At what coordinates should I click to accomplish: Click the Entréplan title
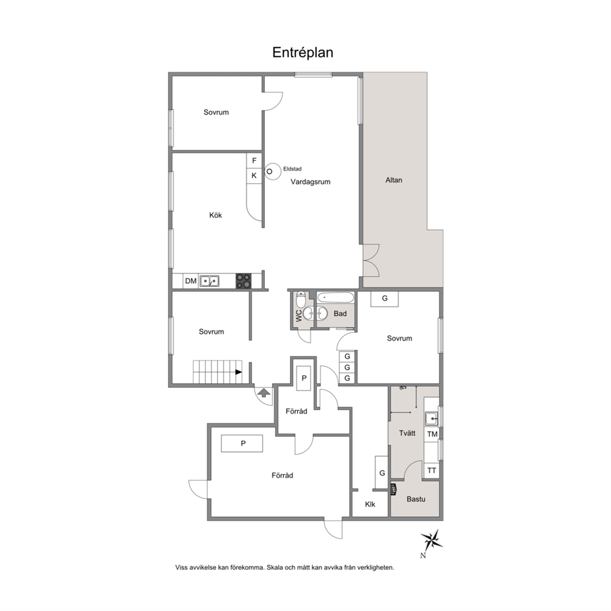click(x=303, y=52)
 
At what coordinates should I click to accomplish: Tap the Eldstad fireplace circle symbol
click(x=273, y=171)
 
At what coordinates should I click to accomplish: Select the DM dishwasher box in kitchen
click(x=190, y=281)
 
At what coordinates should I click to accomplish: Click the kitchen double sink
click(x=209, y=281)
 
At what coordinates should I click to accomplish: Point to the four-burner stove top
click(x=243, y=281)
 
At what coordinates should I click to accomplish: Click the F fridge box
click(x=254, y=161)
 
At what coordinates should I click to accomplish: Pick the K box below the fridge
click(x=254, y=176)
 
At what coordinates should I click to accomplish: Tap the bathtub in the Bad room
click(x=336, y=298)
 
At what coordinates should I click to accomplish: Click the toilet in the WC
click(x=301, y=299)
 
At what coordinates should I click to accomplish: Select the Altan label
click(x=394, y=180)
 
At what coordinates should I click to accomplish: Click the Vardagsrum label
click(x=310, y=182)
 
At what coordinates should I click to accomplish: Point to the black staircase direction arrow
click(x=238, y=372)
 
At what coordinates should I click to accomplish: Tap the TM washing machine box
click(x=432, y=434)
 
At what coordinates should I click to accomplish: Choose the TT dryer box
click(x=431, y=471)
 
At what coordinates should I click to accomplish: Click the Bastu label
click(x=416, y=499)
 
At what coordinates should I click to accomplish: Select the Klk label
click(x=370, y=504)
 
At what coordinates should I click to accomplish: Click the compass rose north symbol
click(x=431, y=541)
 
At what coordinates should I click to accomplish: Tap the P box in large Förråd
click(x=242, y=443)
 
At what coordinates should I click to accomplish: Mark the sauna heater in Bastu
click(x=394, y=490)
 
